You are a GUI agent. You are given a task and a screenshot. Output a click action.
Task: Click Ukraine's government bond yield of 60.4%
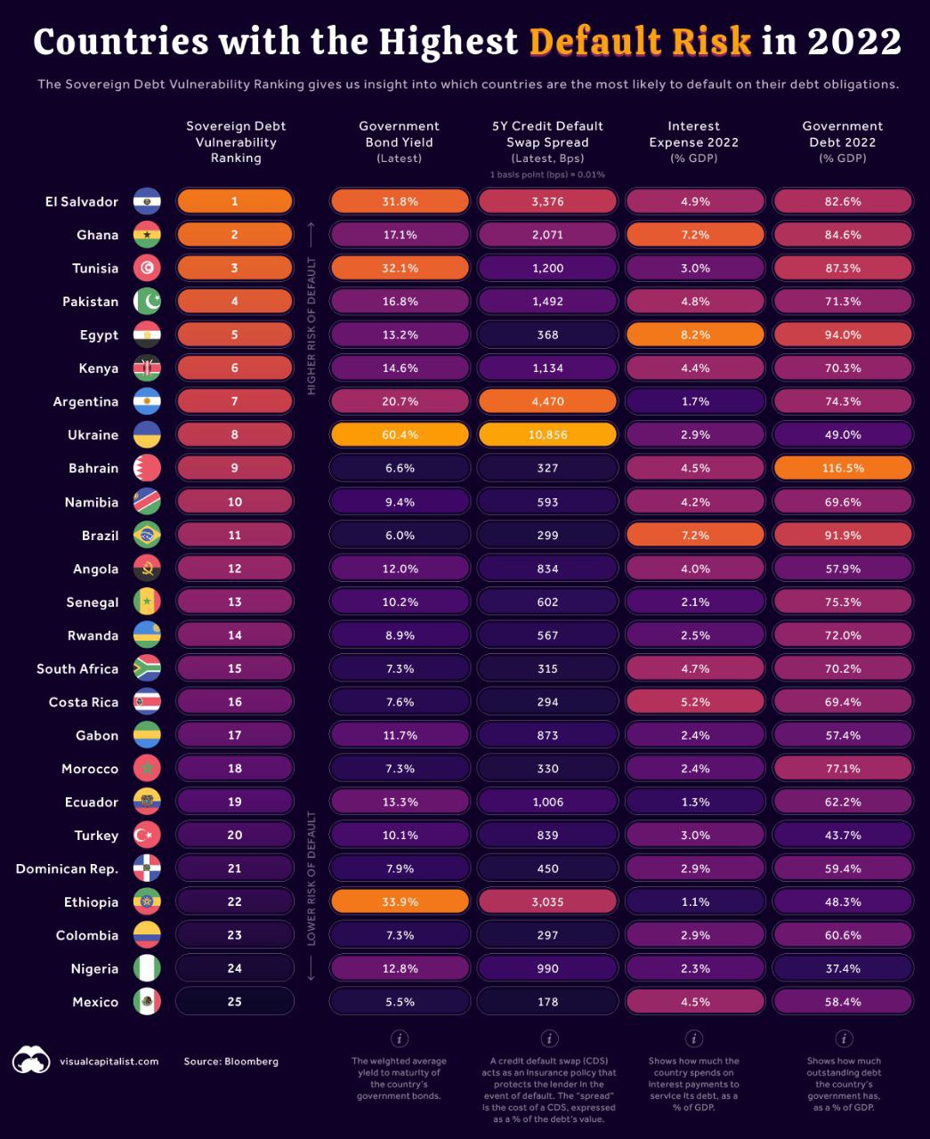[x=400, y=435]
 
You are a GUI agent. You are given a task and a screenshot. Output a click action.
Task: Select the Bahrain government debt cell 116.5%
[x=842, y=468]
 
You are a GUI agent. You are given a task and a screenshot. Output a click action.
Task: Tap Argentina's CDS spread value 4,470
[x=547, y=401]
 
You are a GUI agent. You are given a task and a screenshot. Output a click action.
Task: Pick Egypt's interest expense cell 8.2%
[x=695, y=335]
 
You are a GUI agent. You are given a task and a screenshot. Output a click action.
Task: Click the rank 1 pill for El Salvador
[x=235, y=202]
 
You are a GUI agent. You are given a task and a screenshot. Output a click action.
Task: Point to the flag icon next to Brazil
[x=147, y=536]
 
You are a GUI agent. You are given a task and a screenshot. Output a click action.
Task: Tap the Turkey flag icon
[x=147, y=836]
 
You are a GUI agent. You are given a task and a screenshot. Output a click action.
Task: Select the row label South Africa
[x=77, y=669]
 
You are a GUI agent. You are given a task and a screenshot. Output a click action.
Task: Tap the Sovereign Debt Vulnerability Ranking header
[x=236, y=141]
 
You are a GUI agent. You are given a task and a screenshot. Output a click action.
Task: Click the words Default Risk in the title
[x=640, y=42]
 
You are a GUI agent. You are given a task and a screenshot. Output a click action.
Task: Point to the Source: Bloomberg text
[x=231, y=1062]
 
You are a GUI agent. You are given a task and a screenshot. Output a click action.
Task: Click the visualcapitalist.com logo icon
[x=31, y=1061]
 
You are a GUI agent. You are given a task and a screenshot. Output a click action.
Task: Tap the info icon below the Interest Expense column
[x=694, y=1038]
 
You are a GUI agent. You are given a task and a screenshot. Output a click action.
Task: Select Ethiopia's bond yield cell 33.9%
[x=400, y=902]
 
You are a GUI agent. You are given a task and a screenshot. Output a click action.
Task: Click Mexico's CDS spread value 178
[x=547, y=1002]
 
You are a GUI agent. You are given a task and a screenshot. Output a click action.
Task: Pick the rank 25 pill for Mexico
[x=235, y=1002]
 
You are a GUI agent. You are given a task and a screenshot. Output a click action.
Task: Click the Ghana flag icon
[x=147, y=235]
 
